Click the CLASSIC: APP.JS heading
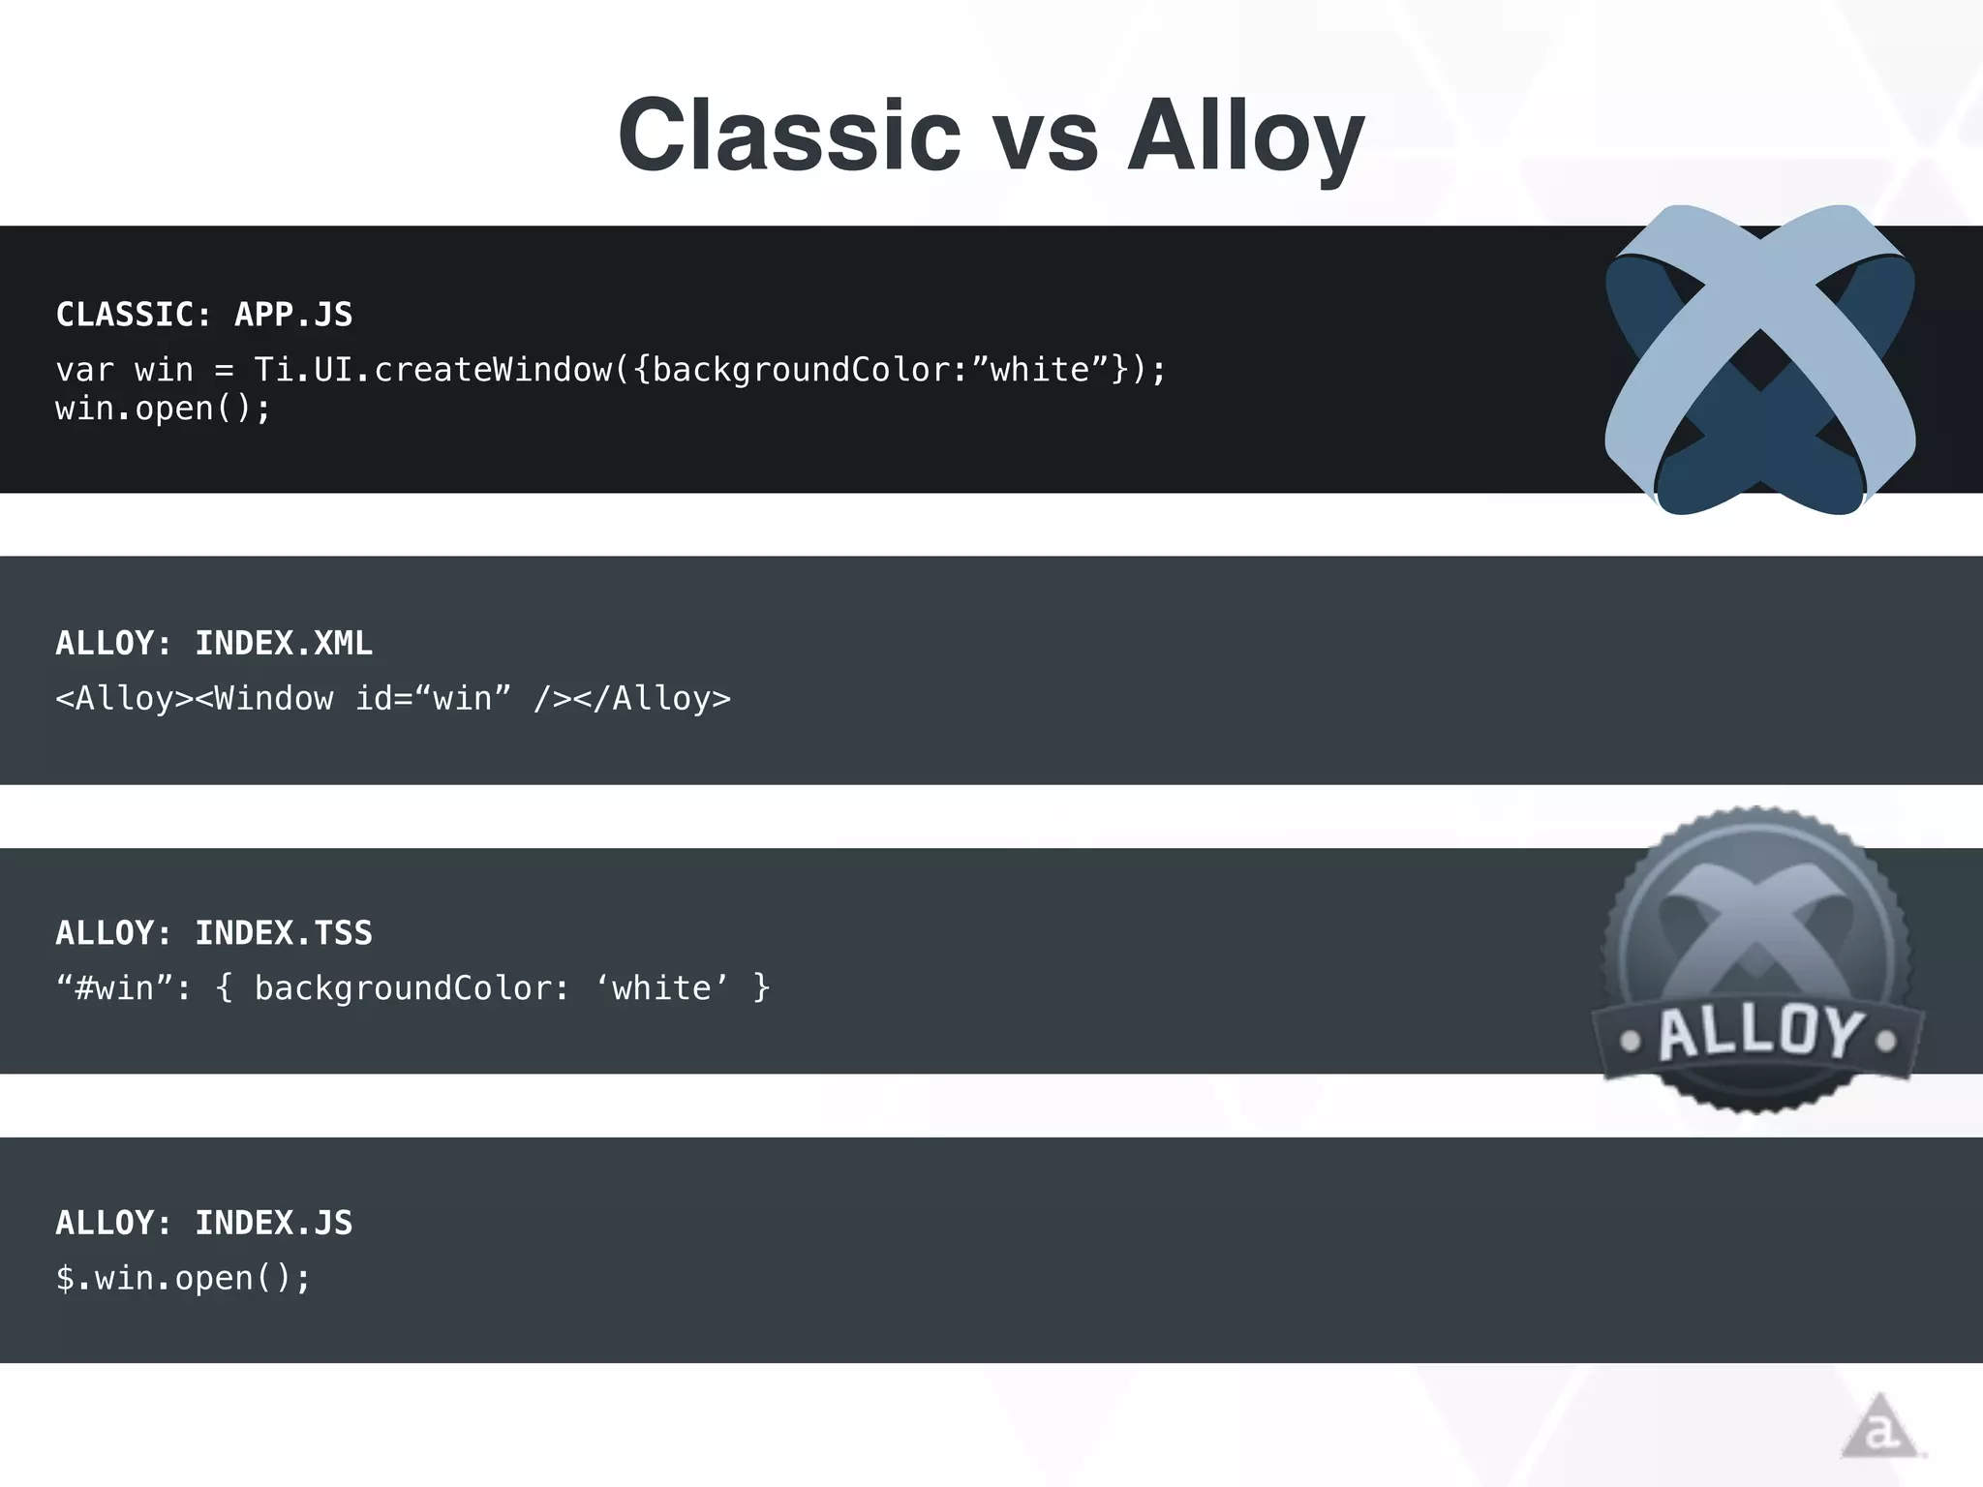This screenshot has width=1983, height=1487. pyautogui.click(x=204, y=315)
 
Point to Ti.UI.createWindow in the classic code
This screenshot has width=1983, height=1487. pyautogui.click(x=432, y=370)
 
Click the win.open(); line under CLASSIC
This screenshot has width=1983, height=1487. pyautogui.click(x=163, y=410)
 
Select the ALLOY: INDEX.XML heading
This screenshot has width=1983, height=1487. pyautogui.click(x=214, y=644)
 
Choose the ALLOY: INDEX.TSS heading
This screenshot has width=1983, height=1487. pyautogui.click(x=214, y=933)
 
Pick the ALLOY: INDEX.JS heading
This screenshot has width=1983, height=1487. pyautogui.click(x=204, y=1223)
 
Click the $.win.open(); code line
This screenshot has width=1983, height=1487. pyautogui.click(x=183, y=1279)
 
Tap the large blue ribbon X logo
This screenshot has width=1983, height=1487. pyautogui.click(x=1759, y=359)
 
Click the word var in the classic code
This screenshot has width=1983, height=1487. pyautogui.click(x=84, y=370)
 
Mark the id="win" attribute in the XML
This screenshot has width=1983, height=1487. pyautogui.click(x=432, y=699)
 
